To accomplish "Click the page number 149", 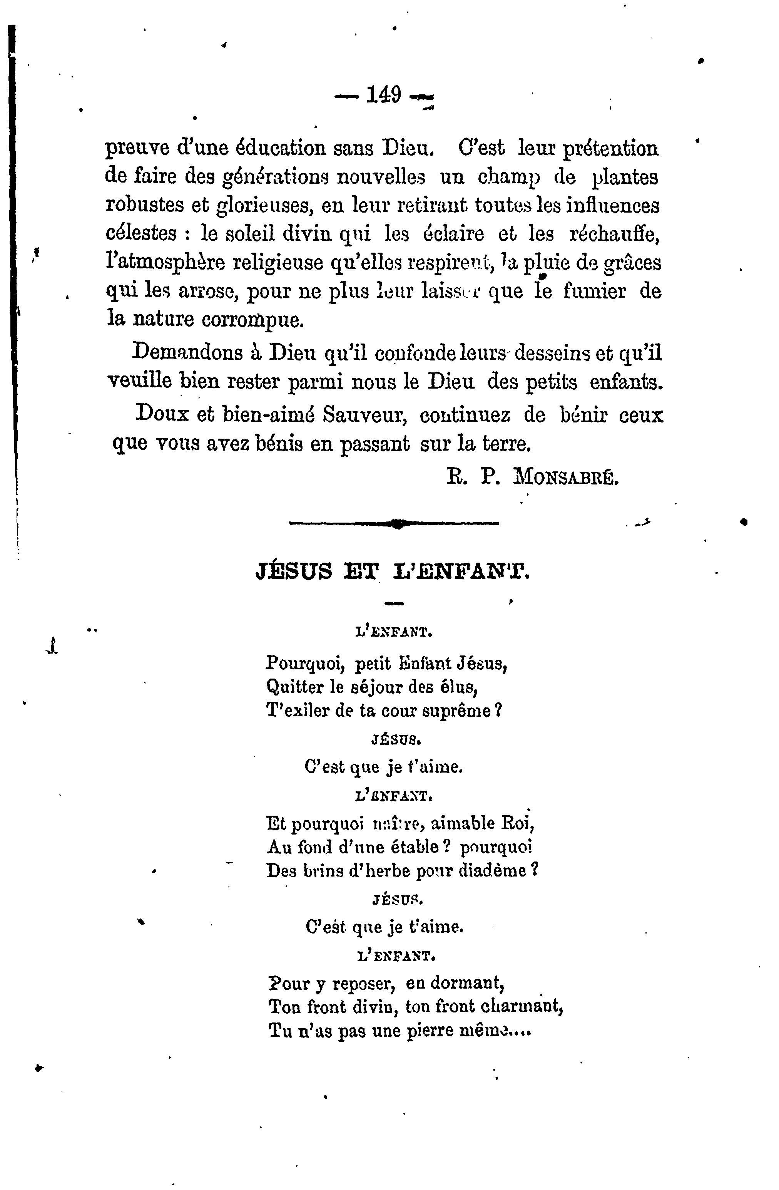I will (384, 94).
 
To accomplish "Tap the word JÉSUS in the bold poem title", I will (293, 571).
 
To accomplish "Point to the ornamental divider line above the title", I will (394, 523).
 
